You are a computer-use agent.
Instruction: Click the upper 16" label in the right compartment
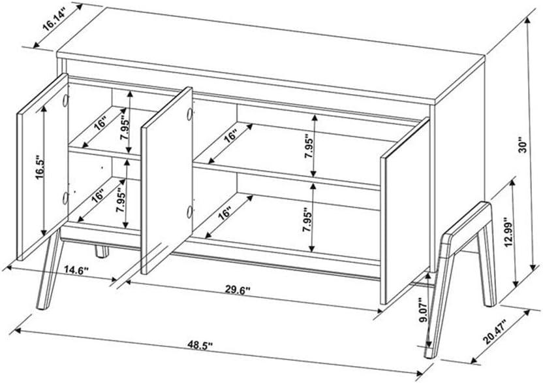[x=230, y=137]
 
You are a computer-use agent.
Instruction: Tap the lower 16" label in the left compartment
[x=99, y=195]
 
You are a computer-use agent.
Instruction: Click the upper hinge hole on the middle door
[x=188, y=114]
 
